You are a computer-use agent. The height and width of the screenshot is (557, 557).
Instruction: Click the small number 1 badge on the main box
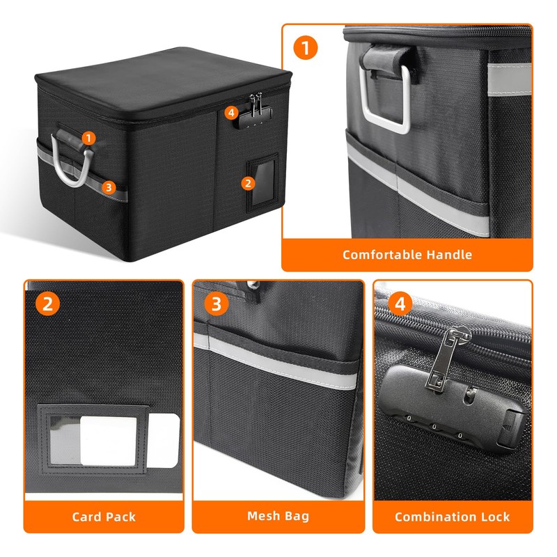tap(88, 138)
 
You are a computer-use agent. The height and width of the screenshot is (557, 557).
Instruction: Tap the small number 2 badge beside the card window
tap(246, 183)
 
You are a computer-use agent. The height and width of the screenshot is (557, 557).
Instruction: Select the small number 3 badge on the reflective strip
tap(107, 187)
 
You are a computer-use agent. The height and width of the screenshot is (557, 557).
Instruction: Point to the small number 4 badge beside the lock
tap(231, 112)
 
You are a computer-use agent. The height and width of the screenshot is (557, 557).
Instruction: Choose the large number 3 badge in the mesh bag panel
tap(217, 304)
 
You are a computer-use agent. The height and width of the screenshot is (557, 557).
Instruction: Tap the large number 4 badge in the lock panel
tap(399, 304)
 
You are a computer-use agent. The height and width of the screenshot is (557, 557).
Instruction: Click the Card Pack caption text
tap(104, 517)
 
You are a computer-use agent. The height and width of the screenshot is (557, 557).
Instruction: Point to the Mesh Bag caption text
tap(278, 517)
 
